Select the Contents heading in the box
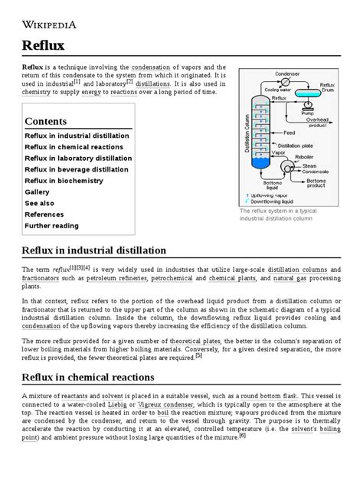(x=46, y=121)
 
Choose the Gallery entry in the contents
(x=37, y=191)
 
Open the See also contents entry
(x=39, y=203)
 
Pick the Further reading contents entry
(x=52, y=226)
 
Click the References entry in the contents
(x=44, y=214)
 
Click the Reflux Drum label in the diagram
(x=327, y=87)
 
